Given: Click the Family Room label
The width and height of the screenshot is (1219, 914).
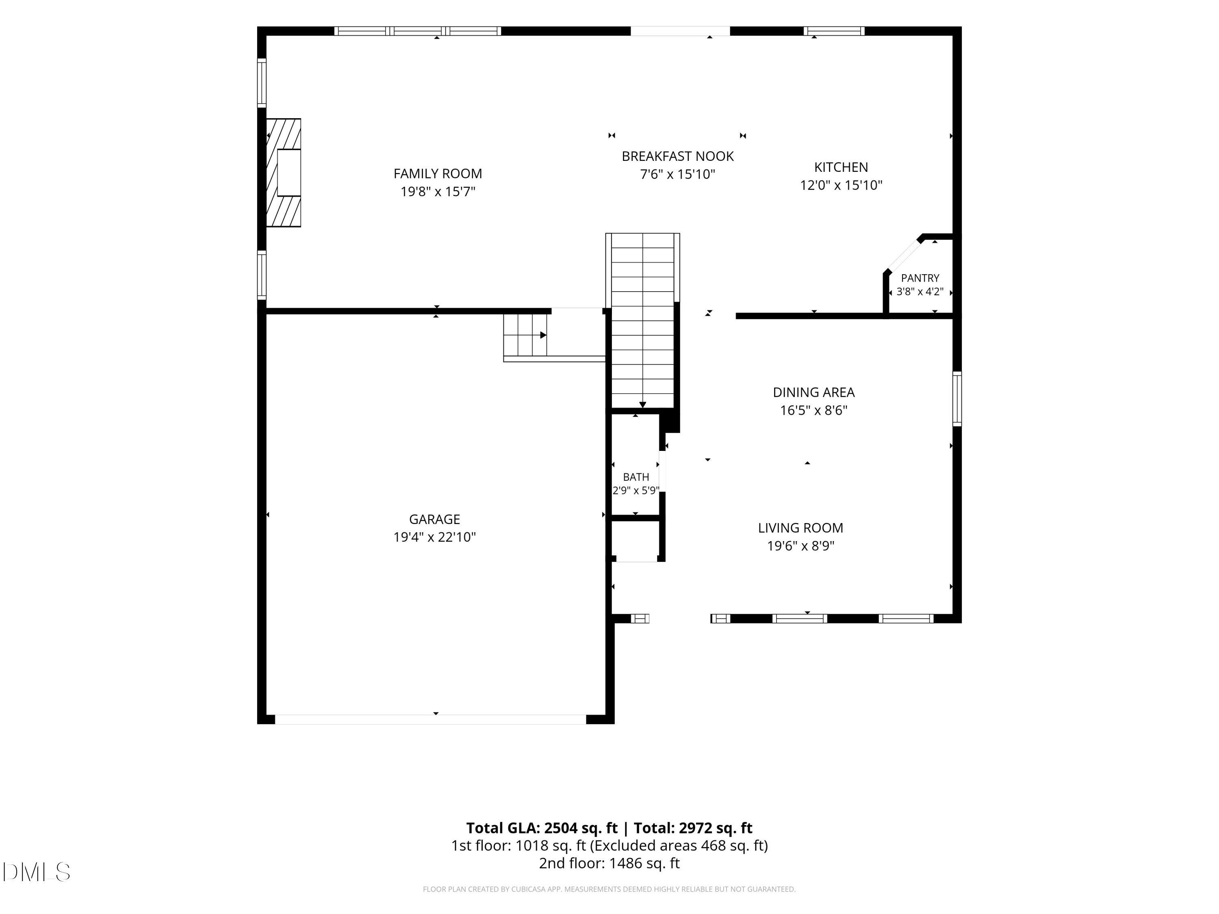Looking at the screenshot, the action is tap(438, 173).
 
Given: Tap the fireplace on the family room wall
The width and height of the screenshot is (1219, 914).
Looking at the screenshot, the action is tap(283, 173).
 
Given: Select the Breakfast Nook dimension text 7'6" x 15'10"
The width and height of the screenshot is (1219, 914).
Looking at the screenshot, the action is tap(677, 175).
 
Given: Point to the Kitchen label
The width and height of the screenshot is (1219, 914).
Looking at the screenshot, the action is tap(841, 167).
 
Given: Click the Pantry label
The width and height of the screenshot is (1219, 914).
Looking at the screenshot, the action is tap(920, 278).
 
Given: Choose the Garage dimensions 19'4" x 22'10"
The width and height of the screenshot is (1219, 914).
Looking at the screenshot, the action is tap(434, 537).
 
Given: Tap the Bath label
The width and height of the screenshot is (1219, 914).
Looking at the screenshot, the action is tap(636, 477).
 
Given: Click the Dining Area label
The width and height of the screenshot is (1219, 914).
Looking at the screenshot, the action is tap(813, 392).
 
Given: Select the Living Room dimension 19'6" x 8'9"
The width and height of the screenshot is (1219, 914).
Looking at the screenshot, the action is tap(801, 546).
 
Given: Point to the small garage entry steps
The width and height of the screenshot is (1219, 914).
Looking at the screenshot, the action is tap(525, 335).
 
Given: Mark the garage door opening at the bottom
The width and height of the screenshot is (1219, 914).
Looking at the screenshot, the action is tap(430, 719).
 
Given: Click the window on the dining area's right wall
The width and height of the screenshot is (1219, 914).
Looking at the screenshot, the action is tap(957, 399).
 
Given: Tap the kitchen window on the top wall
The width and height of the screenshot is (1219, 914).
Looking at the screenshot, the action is tap(834, 31).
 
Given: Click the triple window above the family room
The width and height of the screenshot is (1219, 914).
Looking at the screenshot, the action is tap(418, 31).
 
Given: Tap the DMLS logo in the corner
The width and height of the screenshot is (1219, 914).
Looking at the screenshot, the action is tap(37, 872).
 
